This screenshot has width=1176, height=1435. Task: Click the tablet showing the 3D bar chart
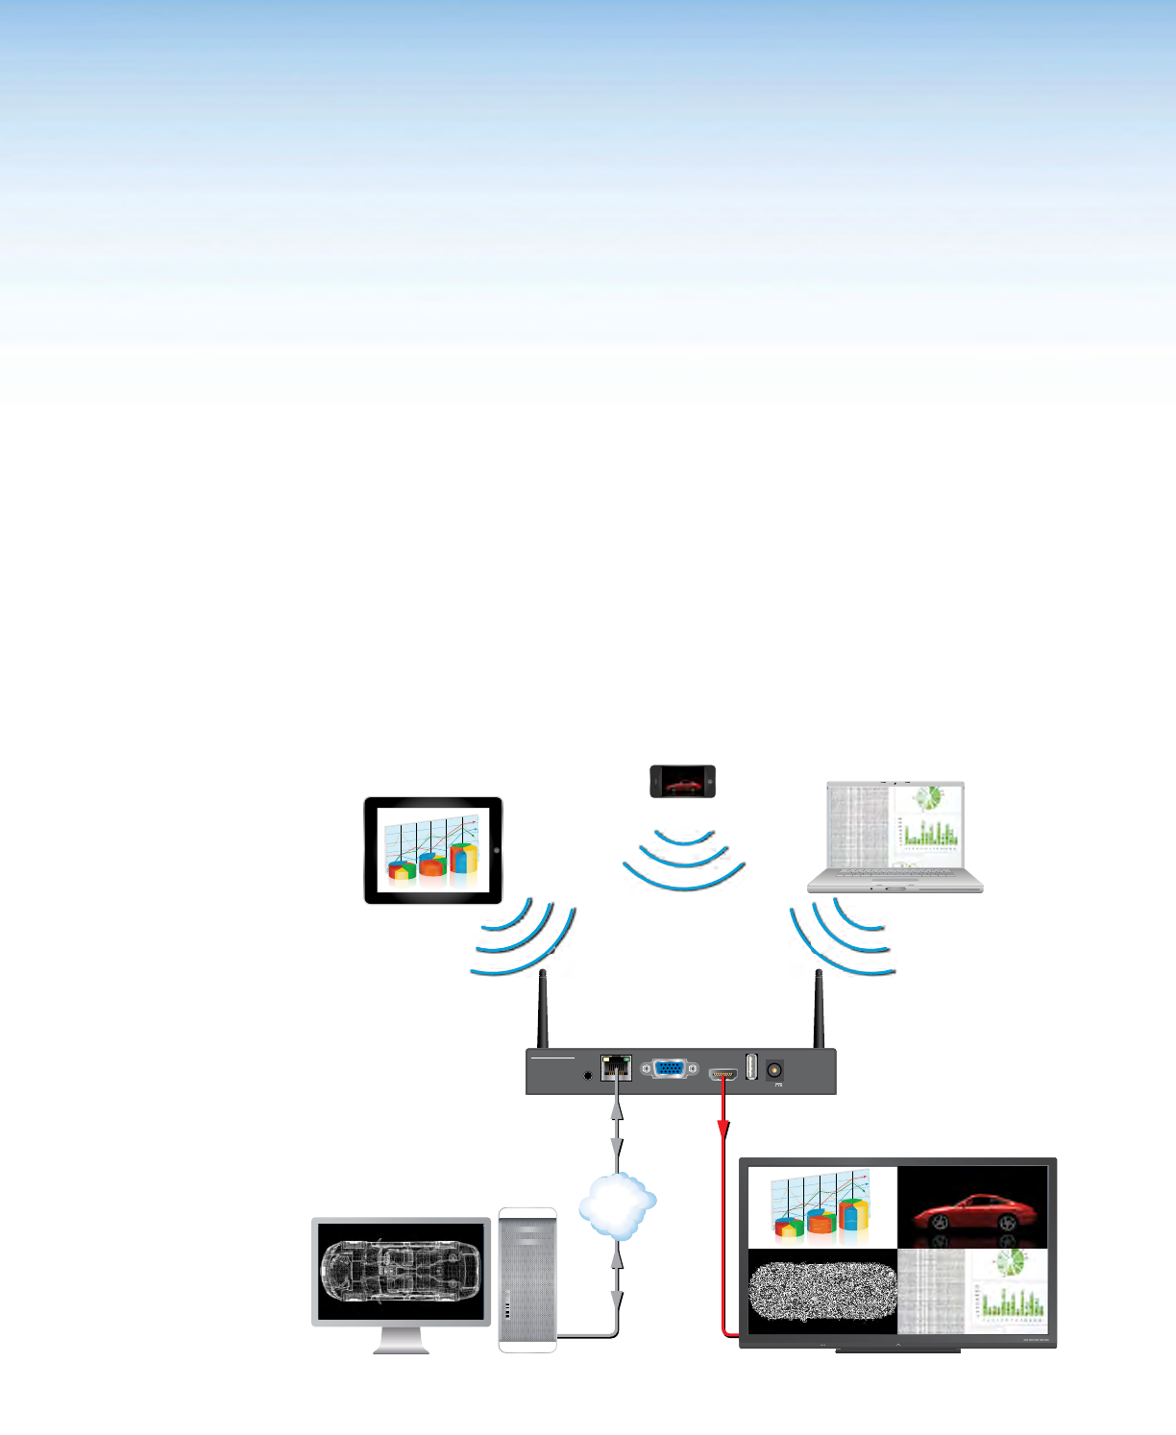pos(432,850)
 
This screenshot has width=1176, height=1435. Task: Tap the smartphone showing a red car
pos(682,781)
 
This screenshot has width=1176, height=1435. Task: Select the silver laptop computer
pos(894,838)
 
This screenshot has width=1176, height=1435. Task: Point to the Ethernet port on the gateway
pos(616,1067)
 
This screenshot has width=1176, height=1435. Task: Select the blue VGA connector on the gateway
pos(669,1068)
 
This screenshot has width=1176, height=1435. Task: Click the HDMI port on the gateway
pos(723,1073)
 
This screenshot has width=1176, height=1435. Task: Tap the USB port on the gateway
pos(751,1066)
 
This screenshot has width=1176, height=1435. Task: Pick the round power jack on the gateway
pos(774,1069)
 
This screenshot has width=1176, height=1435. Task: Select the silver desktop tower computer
pos(527,1279)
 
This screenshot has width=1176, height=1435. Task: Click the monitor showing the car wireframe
pos(401,1272)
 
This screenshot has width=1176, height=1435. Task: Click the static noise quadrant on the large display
pos(822,1290)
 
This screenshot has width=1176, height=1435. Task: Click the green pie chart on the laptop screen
pos(927,799)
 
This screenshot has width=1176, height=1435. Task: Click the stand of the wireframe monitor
pos(401,1340)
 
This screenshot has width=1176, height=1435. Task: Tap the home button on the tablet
pos(496,851)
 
